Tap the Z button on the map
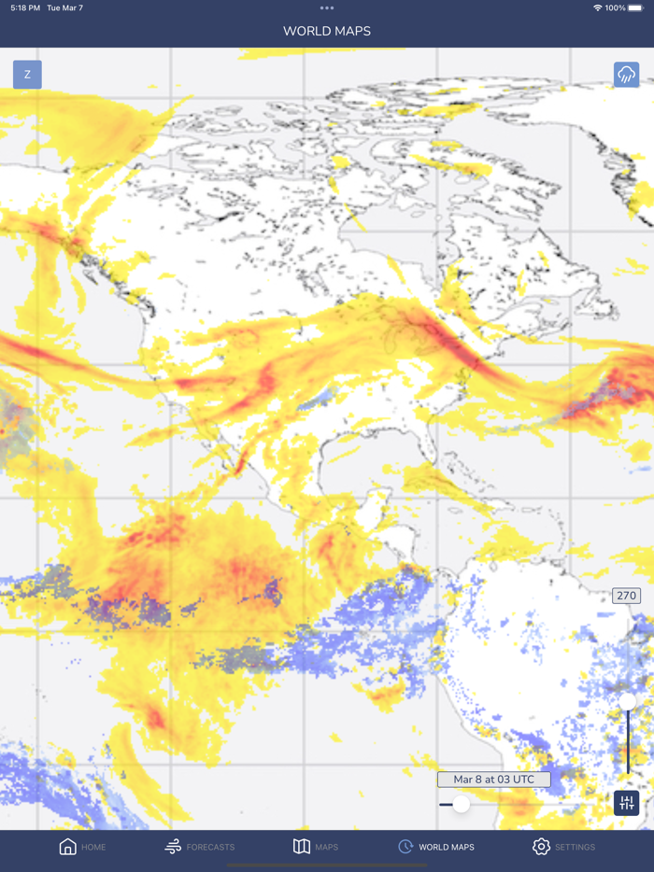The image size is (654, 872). [x=27, y=75]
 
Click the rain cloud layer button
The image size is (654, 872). [x=626, y=75]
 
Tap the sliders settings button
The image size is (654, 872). [x=626, y=803]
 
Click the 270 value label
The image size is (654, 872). [x=626, y=596]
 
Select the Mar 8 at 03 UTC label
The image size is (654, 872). [x=493, y=780]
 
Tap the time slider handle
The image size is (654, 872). [x=461, y=804]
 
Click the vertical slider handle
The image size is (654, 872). [x=628, y=701]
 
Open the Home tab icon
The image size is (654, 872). [x=68, y=847]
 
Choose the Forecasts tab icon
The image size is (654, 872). [x=173, y=847]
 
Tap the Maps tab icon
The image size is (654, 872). [x=302, y=847]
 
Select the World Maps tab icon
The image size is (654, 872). [x=405, y=847]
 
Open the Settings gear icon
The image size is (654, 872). [x=541, y=847]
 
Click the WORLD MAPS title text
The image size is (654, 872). [x=327, y=32]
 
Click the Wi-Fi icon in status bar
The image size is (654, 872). [x=597, y=8]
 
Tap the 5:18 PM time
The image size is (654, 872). [x=25, y=8]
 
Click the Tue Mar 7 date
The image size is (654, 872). [x=64, y=8]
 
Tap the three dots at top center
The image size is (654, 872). [x=327, y=8]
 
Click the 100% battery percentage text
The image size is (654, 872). [x=615, y=8]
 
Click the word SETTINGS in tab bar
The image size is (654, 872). [x=575, y=848]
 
